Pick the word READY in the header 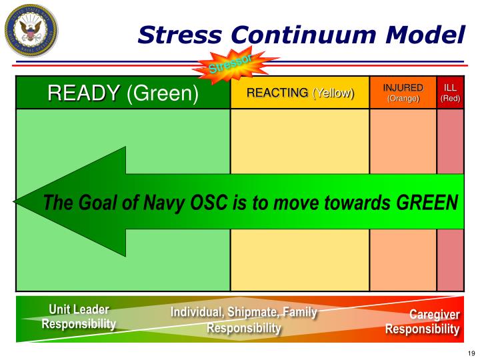[83, 93]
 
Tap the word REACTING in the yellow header [277, 93]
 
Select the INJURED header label [403, 88]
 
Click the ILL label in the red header [451, 88]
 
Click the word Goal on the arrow [93, 201]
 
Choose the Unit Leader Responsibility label [79, 317]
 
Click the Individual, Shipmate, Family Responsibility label [243, 321]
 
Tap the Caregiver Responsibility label [422, 322]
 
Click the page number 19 [470, 353]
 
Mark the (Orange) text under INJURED [403, 99]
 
